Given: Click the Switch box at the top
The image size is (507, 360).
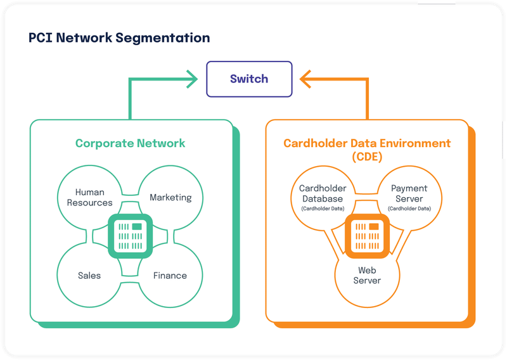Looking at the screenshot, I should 249,79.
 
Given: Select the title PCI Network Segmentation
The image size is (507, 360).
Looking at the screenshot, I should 119,38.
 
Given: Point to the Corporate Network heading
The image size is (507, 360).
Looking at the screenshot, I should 130,143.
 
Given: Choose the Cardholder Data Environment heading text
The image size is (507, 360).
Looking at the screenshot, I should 367,143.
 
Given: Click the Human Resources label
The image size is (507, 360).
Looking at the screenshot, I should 89,198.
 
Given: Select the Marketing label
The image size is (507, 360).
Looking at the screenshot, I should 170,198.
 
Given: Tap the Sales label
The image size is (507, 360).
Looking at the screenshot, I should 89,276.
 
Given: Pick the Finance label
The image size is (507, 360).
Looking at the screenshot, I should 170,276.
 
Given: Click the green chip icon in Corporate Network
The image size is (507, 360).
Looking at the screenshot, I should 130,236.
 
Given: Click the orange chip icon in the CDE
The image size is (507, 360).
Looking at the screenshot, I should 367,236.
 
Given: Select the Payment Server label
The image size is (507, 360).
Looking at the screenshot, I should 409,193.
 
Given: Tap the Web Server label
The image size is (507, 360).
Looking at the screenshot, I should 367,275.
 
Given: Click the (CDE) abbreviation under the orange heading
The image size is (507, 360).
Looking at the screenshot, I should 367,157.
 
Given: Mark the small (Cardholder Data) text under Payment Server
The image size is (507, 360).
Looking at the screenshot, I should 409,209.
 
